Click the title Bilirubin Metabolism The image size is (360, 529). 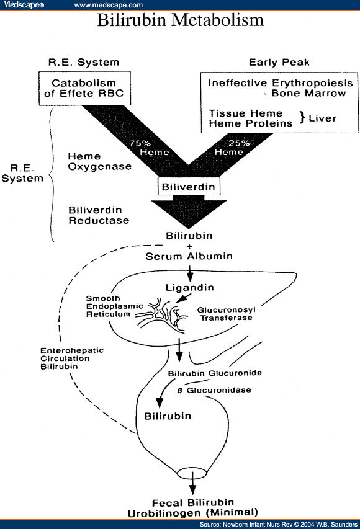(x=180, y=20)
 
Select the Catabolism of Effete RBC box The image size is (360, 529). (x=84, y=88)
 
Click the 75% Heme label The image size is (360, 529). (x=140, y=147)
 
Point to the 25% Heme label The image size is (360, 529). (x=229, y=147)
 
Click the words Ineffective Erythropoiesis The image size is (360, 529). (x=281, y=83)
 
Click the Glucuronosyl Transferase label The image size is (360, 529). (x=225, y=313)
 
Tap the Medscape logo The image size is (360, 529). (x=24, y=5)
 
